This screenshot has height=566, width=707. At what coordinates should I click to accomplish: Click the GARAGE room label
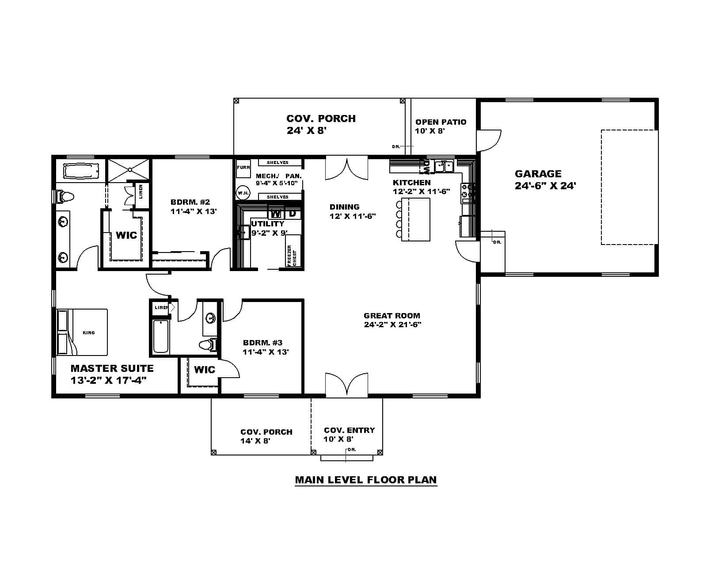[x=538, y=174]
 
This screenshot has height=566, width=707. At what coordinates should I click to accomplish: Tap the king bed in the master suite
[x=83, y=332]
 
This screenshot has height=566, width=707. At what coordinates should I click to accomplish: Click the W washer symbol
[x=276, y=214]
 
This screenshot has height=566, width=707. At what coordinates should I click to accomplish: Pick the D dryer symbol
[x=293, y=214]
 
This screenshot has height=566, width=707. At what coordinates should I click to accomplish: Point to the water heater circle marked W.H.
[x=243, y=193]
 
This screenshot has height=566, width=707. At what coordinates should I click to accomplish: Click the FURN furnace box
[x=243, y=168]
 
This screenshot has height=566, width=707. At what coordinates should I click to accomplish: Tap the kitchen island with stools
[x=415, y=219]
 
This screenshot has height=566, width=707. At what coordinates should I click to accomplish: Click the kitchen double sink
[x=444, y=166]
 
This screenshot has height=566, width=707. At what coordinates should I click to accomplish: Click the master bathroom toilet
[x=64, y=196]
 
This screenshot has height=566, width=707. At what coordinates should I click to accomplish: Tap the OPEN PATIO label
[x=441, y=122]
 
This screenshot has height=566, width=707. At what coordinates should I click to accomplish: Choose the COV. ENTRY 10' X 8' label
[x=349, y=435]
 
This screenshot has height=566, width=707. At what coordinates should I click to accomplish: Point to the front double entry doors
[x=347, y=384]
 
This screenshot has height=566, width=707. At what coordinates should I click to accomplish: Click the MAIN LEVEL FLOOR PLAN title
[x=366, y=480]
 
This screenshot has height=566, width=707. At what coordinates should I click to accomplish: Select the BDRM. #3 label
[x=262, y=343]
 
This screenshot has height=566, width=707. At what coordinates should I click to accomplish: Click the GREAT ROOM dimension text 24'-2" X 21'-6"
[x=392, y=325]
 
